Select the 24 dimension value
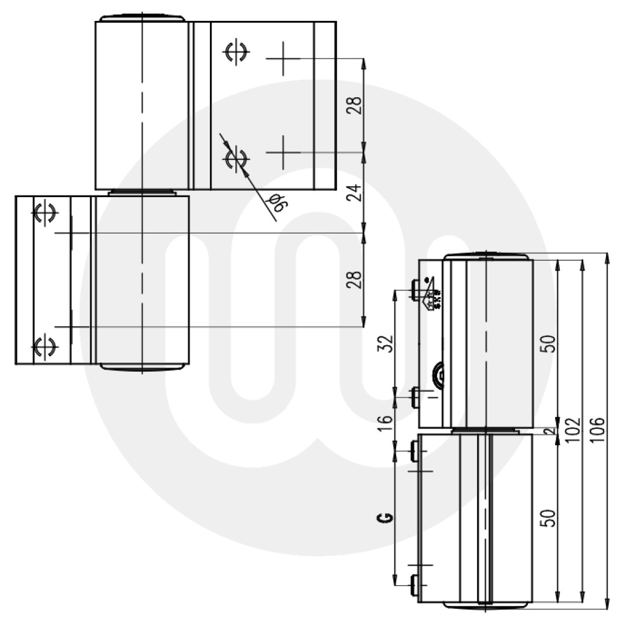[x=357, y=192]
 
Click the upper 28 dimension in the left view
[x=357, y=105]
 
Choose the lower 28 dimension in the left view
[x=357, y=280]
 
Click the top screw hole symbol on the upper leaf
[x=235, y=52]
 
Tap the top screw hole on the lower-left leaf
[x=44, y=213]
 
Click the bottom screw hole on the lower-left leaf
[x=44, y=346]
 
